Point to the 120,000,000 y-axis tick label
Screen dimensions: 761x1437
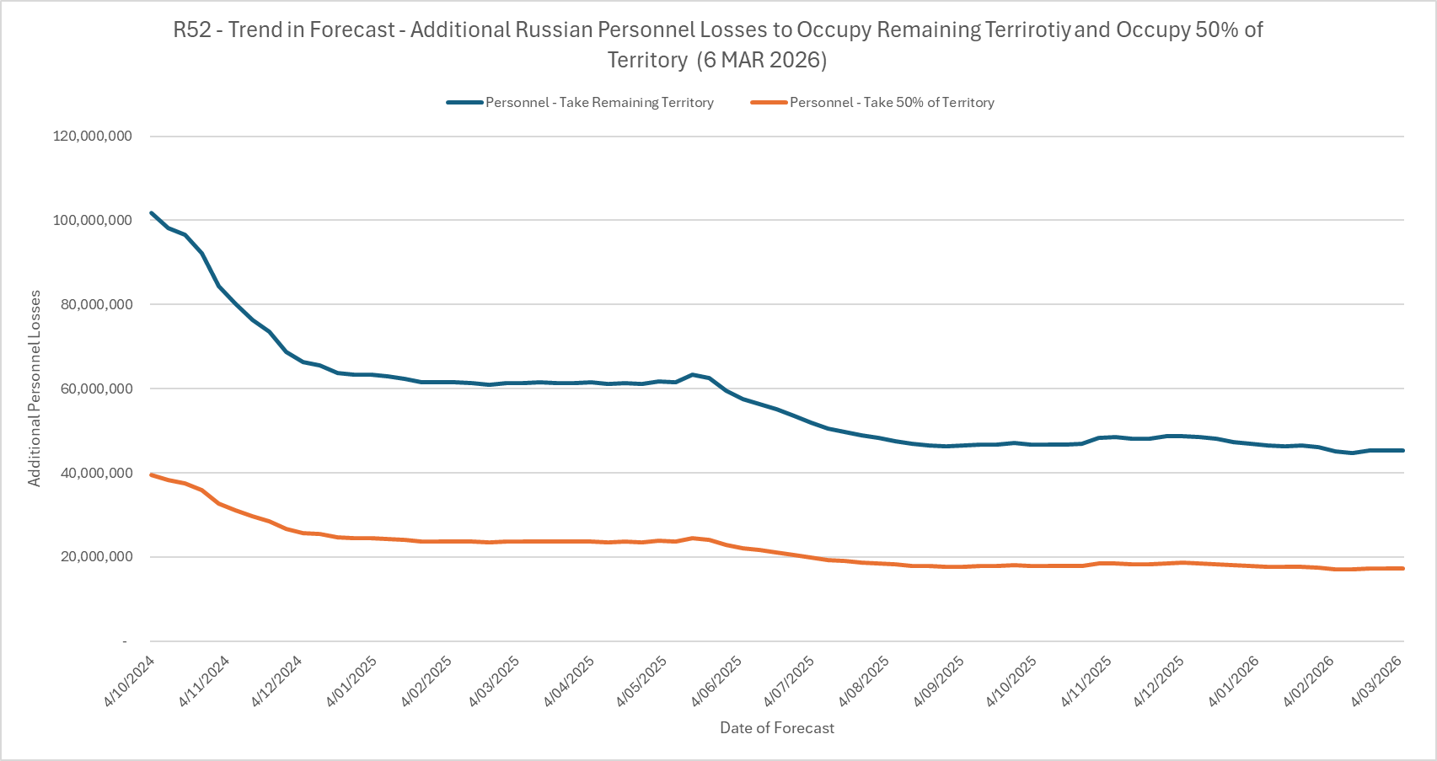(x=93, y=136)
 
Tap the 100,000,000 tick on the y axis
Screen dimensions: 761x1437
(x=93, y=220)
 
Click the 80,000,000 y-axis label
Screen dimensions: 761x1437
(x=97, y=304)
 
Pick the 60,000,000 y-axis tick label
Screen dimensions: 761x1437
(x=97, y=389)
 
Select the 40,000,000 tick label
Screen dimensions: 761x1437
(x=97, y=473)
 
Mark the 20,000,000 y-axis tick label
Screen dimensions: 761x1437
(x=97, y=557)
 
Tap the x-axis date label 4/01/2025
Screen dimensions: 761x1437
(x=352, y=681)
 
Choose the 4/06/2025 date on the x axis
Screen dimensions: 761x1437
(x=716, y=681)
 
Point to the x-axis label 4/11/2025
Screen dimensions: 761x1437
(x=1086, y=681)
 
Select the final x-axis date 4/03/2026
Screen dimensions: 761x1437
(x=1376, y=681)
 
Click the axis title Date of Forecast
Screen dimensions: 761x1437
(x=777, y=728)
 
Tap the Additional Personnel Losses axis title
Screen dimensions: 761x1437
(x=35, y=389)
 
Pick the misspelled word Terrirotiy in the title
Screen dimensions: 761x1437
(x=1028, y=30)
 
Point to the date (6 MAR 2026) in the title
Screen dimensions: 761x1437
(x=762, y=61)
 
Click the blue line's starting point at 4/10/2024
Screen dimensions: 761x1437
(x=152, y=213)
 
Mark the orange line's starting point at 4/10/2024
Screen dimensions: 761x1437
(x=152, y=475)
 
